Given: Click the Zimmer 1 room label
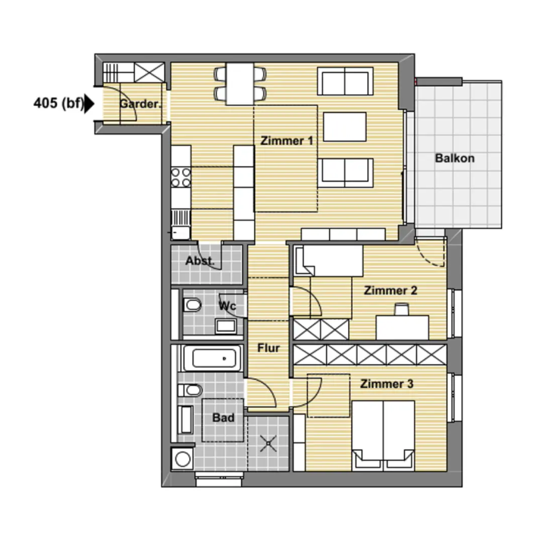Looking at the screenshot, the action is pyautogui.click(x=287, y=141).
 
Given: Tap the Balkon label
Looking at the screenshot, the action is pyautogui.click(x=455, y=158).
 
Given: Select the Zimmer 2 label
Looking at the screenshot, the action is pyautogui.click(x=390, y=290).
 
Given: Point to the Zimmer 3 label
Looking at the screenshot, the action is pyautogui.click(x=387, y=384).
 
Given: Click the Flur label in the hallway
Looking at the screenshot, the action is pyautogui.click(x=268, y=348).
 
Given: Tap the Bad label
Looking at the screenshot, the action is pyautogui.click(x=223, y=418).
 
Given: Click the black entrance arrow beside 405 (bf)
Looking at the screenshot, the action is pyautogui.click(x=89, y=104).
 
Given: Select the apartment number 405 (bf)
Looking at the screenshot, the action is pyautogui.click(x=58, y=103).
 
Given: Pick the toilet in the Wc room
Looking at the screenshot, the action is pyautogui.click(x=192, y=306).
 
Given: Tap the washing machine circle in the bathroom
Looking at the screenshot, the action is pyautogui.click(x=183, y=459).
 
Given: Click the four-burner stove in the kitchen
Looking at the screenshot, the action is pyautogui.click(x=181, y=177).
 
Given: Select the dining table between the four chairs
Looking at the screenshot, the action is pyautogui.click(x=240, y=83).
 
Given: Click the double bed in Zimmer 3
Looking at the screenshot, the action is pyautogui.click(x=383, y=436).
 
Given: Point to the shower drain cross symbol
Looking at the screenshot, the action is pyautogui.click(x=268, y=443).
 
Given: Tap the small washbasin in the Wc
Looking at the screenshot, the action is pyautogui.click(x=226, y=326).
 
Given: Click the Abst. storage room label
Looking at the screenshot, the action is pyautogui.click(x=200, y=261).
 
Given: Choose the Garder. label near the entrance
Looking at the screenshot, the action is pyautogui.click(x=140, y=104).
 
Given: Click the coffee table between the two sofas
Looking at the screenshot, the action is pyautogui.click(x=344, y=126).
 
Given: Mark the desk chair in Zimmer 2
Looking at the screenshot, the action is pyautogui.click(x=402, y=309).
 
